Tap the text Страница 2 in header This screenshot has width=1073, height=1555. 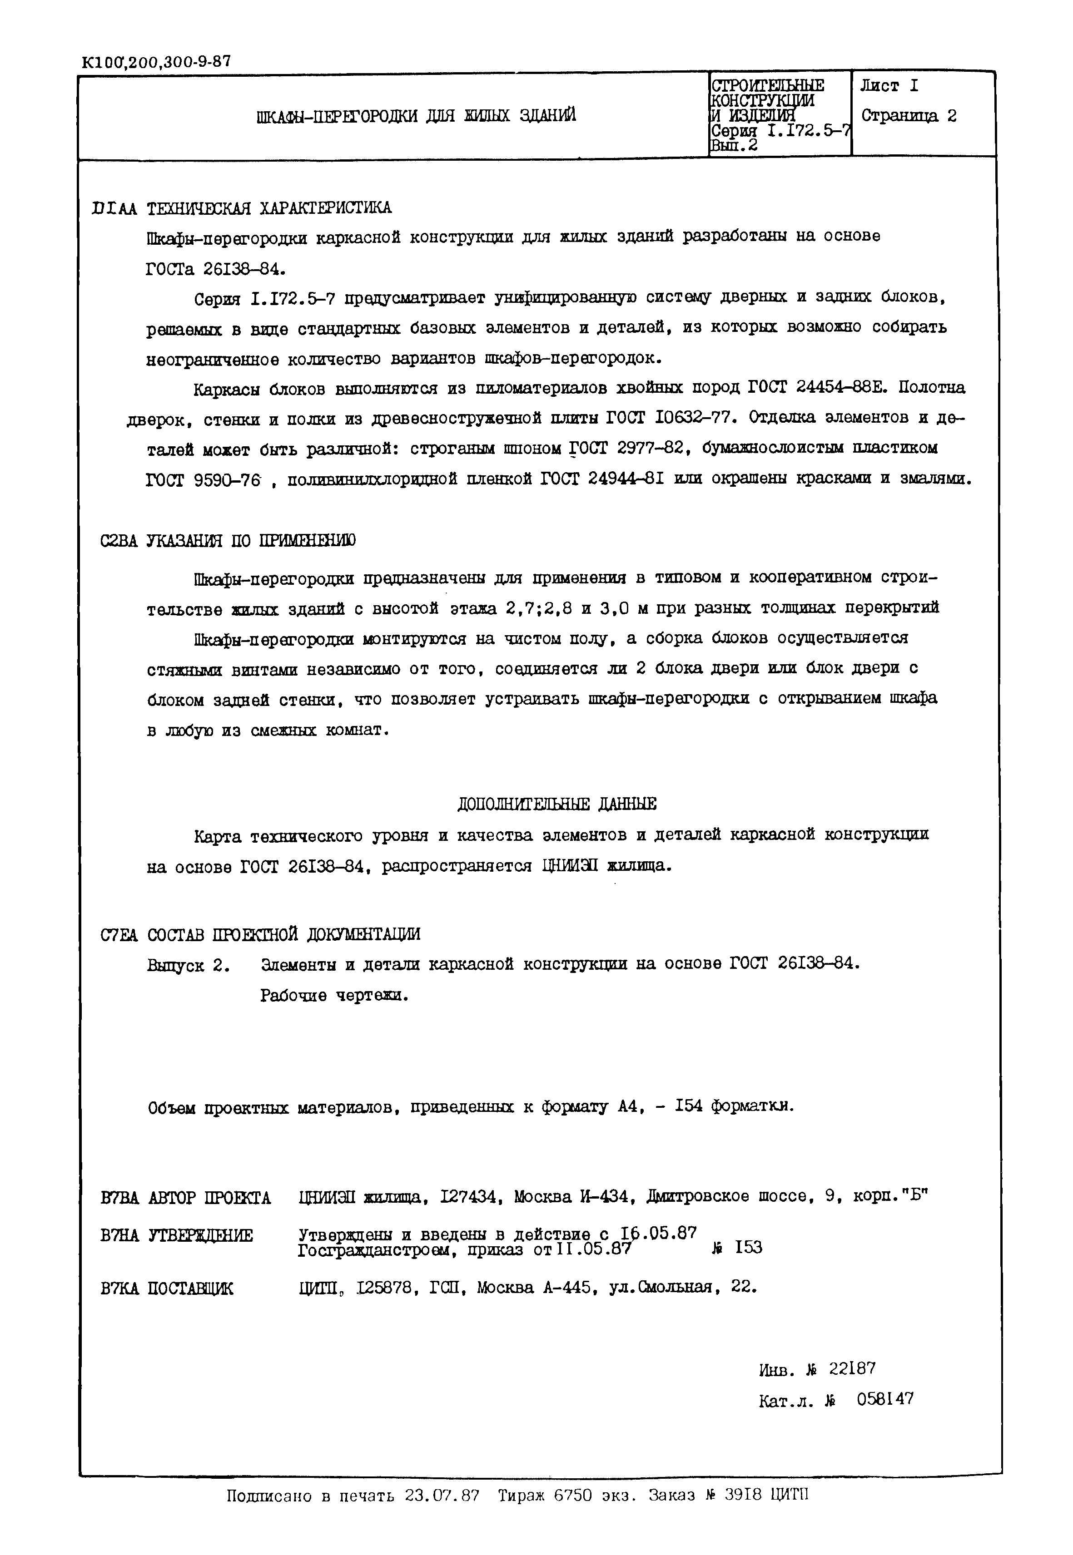tap(909, 116)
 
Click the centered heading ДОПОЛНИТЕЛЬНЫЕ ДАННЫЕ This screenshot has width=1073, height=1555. tap(556, 804)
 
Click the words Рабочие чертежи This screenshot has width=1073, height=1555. tap(334, 995)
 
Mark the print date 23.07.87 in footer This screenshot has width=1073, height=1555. tap(442, 1496)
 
